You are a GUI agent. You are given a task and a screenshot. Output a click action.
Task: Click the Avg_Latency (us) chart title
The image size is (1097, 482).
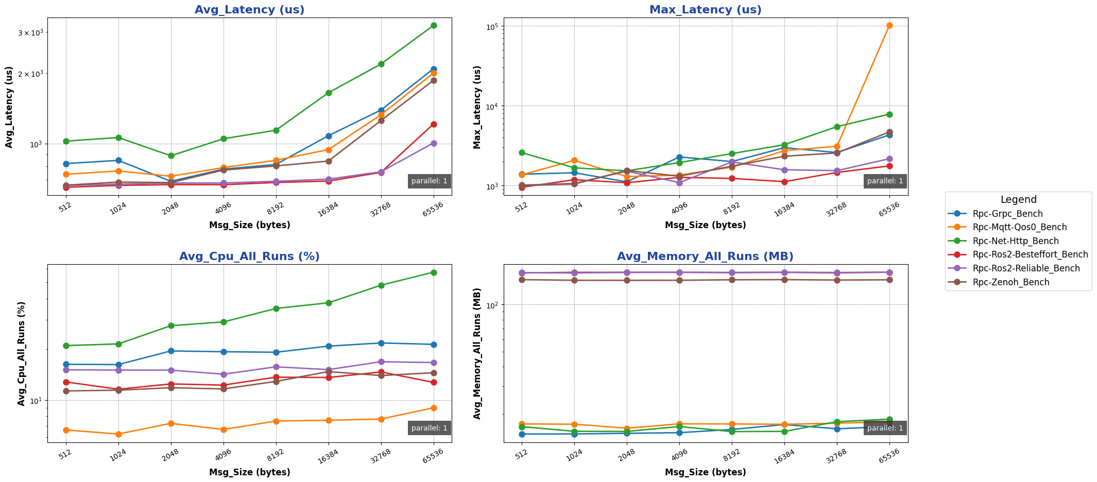pos(249,10)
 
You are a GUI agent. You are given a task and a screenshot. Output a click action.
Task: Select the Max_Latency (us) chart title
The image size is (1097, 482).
pos(705,10)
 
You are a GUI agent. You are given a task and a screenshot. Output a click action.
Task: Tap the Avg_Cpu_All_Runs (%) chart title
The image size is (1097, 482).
pos(249,256)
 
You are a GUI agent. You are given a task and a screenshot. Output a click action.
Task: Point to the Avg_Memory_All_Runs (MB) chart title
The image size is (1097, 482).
pos(705,256)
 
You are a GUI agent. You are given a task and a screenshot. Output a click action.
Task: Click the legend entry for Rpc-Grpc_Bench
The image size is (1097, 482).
pos(1007,214)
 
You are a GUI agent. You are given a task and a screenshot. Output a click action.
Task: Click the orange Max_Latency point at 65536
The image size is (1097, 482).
pos(889,25)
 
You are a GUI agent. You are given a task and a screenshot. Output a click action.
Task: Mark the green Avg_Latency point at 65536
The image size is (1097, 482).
pos(434,25)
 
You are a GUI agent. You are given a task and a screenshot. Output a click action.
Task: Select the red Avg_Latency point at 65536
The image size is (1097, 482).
pos(434,124)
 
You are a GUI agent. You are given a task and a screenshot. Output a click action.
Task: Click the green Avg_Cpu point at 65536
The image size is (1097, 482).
pos(434,272)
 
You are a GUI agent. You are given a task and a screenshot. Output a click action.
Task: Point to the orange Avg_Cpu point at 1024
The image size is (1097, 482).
pos(118,434)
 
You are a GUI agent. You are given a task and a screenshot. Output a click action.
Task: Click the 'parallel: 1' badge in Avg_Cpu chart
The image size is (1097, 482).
pos(429,428)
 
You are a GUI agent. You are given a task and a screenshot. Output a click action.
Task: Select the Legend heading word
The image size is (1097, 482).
pos(1018,200)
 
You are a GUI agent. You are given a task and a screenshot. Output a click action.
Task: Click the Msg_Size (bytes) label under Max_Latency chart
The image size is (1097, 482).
pos(705,225)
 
